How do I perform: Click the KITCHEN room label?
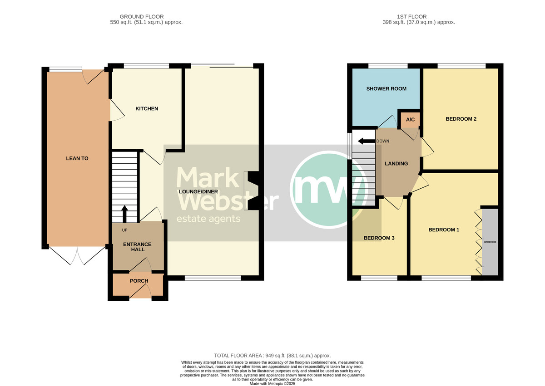(147, 108)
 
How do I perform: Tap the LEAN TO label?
(77, 158)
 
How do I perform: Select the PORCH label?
(139, 281)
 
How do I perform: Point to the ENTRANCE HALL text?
(137, 247)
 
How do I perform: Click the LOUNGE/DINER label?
(198, 192)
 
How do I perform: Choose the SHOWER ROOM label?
(386, 88)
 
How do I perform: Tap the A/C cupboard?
(410, 119)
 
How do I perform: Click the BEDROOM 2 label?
(461, 119)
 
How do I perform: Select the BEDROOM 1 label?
(444, 230)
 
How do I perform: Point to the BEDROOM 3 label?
(379, 238)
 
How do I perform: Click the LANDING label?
(396, 164)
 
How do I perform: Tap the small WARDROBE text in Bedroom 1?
(490, 242)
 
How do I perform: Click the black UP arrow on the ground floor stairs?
(124, 214)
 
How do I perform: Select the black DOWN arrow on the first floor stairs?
(367, 141)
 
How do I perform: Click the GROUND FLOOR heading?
(142, 17)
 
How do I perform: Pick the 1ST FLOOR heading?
(411, 17)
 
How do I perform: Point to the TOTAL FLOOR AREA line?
(272, 356)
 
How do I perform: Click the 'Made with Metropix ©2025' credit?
(272, 384)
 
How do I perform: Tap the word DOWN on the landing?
(383, 141)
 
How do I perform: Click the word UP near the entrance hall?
(124, 230)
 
